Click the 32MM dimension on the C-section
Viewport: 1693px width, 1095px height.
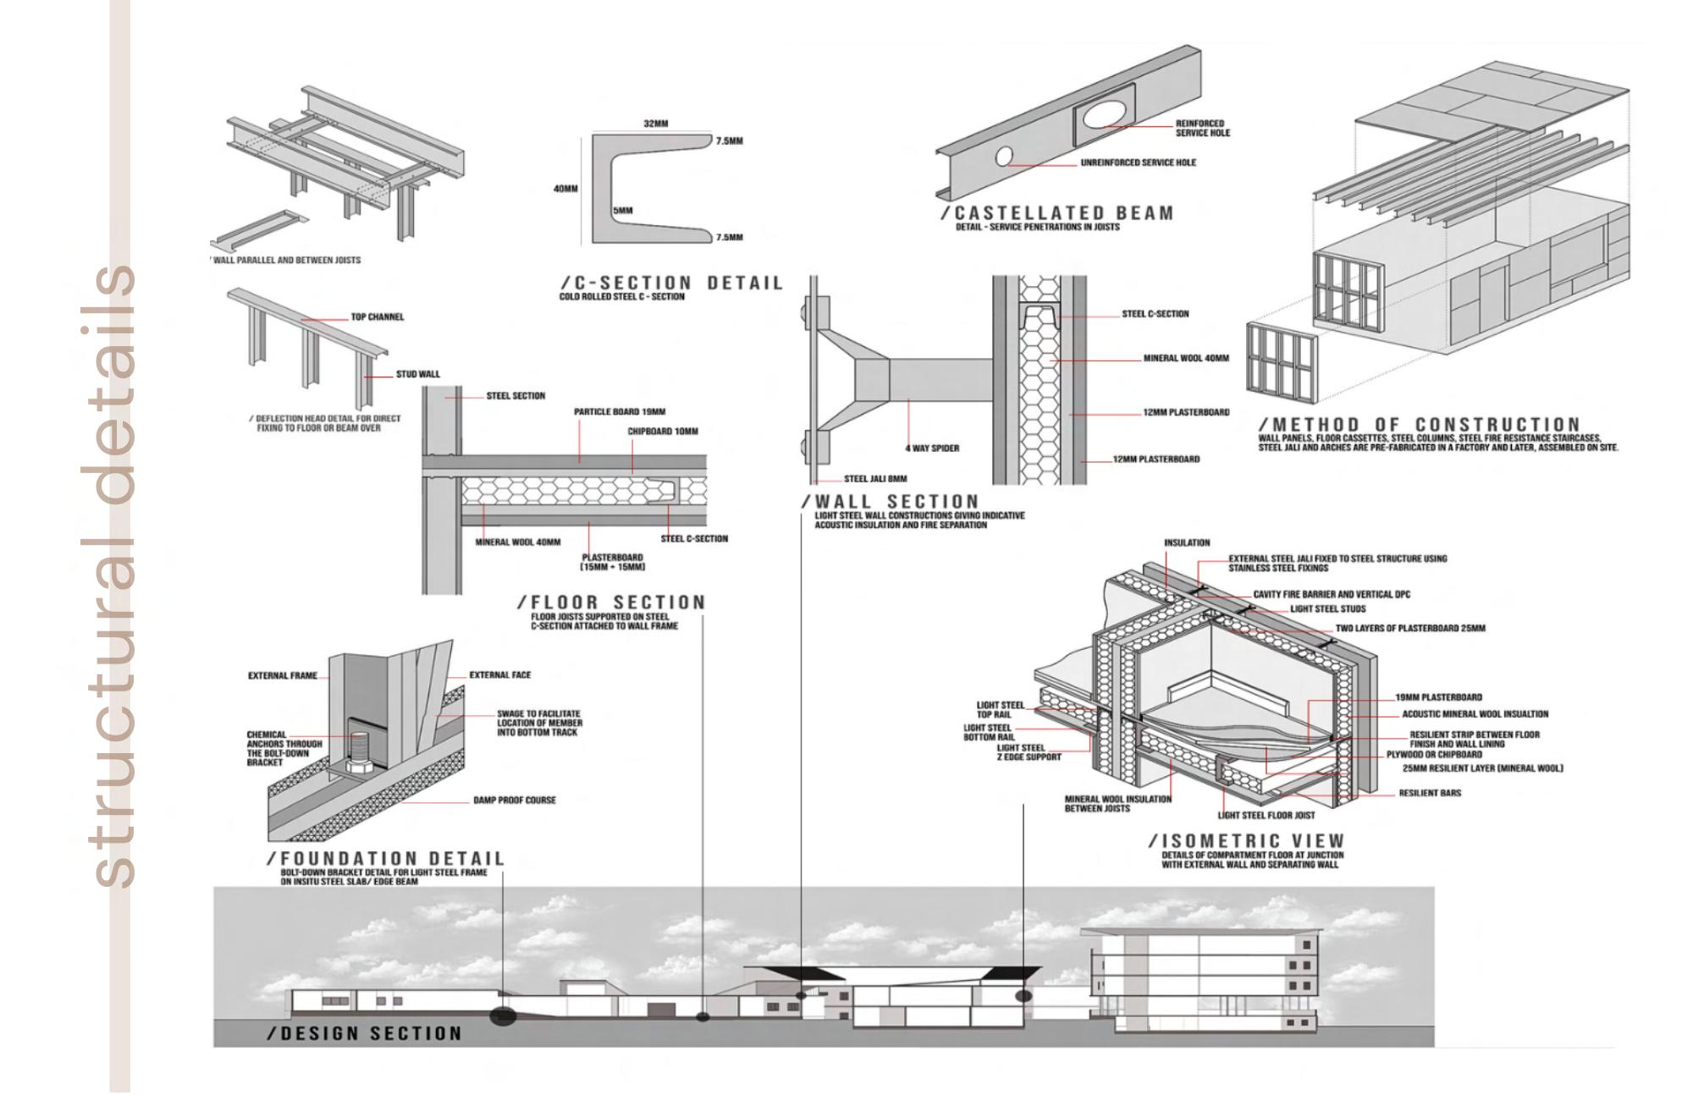click(x=655, y=124)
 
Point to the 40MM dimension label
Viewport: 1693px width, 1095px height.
click(x=565, y=189)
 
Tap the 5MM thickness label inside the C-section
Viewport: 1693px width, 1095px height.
click(x=623, y=210)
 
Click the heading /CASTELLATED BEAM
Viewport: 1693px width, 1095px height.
click(x=1057, y=213)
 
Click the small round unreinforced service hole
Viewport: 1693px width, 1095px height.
click(x=1003, y=157)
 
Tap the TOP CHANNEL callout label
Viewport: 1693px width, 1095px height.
click(x=378, y=317)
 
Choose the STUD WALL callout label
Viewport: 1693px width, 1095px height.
click(x=418, y=374)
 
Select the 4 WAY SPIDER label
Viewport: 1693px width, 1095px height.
click(x=932, y=448)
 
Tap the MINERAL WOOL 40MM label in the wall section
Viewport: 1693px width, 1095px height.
click(x=1186, y=359)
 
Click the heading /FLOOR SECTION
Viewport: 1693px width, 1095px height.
click(x=611, y=603)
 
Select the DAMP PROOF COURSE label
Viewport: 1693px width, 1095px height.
click(x=515, y=800)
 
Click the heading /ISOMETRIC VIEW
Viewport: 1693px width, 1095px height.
click(x=1246, y=841)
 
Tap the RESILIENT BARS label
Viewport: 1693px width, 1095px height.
click(x=1430, y=794)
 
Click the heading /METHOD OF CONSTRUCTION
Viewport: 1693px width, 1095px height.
click(x=1419, y=424)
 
